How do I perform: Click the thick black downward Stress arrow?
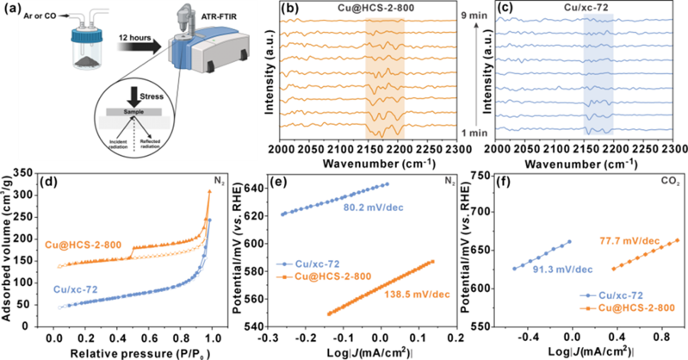pyautogui.click(x=139, y=97)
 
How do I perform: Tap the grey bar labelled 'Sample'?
pyautogui.click(x=140, y=113)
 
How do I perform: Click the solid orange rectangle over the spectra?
pyautogui.click(x=385, y=78)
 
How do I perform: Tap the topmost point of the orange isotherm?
pyautogui.click(x=208, y=194)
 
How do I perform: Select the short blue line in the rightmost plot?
pyautogui.click(x=542, y=254)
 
